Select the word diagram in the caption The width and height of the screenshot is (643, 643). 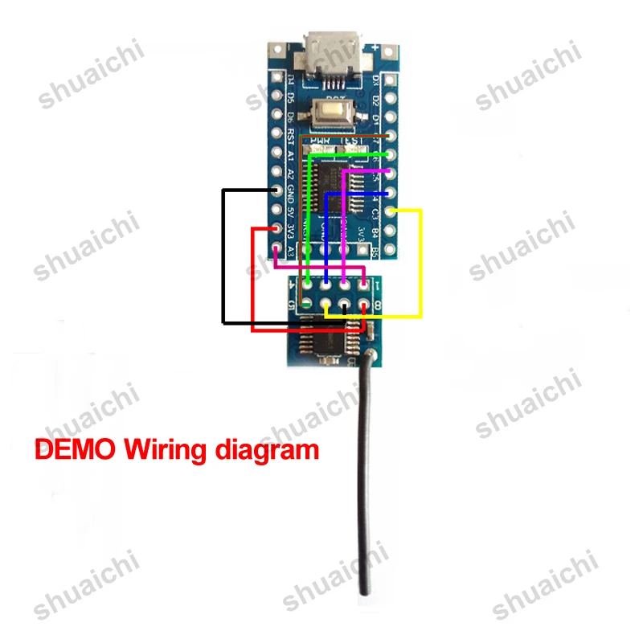coord(267,450)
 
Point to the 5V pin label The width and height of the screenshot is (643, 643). coord(292,212)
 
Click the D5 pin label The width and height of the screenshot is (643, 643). coord(291,98)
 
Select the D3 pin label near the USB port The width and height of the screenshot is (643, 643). coord(376,80)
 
